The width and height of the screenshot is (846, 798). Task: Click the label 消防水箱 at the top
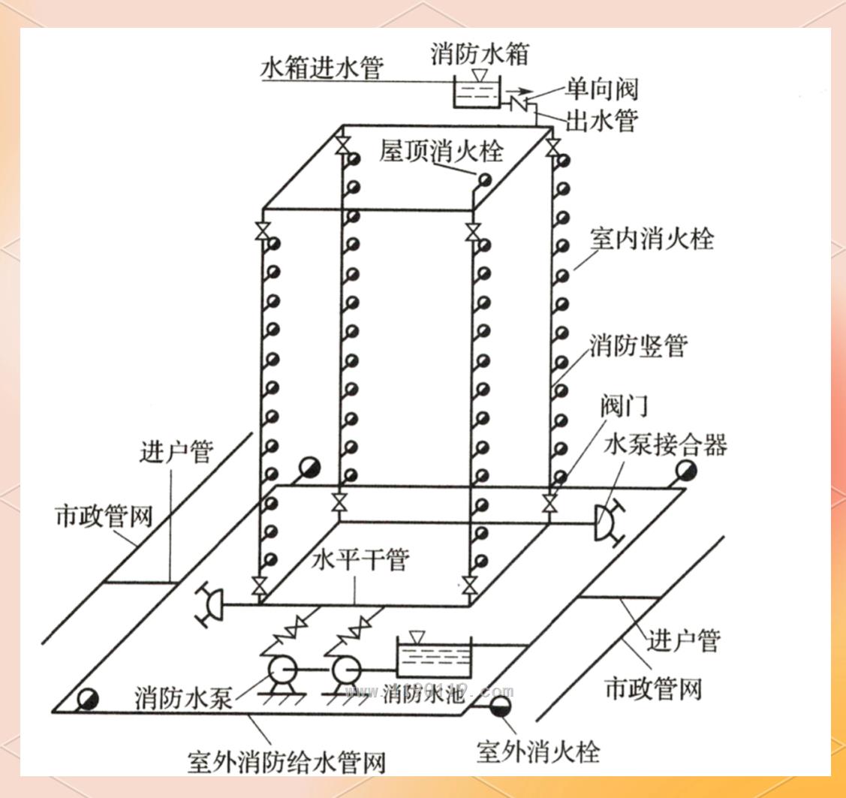[x=480, y=54]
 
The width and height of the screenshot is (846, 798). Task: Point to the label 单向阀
[x=602, y=89]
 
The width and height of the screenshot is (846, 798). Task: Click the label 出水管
[x=602, y=120]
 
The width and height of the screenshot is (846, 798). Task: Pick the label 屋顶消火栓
[x=441, y=151]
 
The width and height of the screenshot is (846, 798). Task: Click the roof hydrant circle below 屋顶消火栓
[x=486, y=179]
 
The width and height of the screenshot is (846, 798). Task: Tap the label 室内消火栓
[x=651, y=239]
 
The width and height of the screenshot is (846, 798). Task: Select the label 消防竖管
[x=638, y=346]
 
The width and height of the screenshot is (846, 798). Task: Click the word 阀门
[x=623, y=406]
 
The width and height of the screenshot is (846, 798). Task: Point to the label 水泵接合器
[x=665, y=445]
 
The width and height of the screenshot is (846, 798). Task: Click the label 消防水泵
[x=184, y=698]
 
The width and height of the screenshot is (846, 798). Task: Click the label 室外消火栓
[x=538, y=751]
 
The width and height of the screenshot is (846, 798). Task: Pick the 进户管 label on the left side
[x=176, y=453]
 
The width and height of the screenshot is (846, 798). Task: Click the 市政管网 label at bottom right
[x=653, y=689]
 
